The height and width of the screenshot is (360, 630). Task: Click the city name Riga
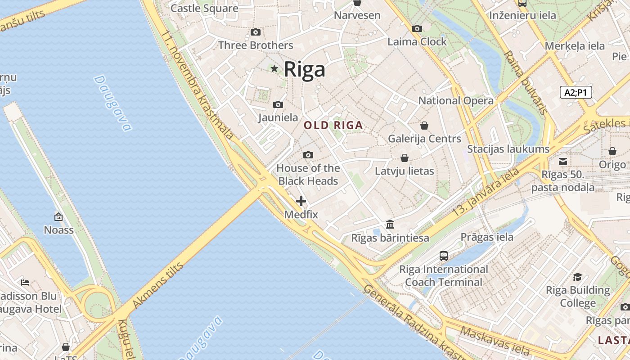[304, 69]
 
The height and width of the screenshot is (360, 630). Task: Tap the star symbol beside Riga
[274, 69]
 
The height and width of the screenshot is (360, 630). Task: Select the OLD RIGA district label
[333, 126]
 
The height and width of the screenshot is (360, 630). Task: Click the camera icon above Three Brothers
[255, 32]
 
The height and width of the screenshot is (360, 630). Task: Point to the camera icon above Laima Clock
[417, 29]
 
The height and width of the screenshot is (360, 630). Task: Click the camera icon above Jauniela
[278, 105]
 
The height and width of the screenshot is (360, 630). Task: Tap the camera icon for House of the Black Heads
[308, 155]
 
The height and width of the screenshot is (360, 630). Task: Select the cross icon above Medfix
[301, 201]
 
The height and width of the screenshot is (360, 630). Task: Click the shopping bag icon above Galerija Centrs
[424, 126]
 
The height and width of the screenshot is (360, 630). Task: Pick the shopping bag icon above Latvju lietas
[405, 158]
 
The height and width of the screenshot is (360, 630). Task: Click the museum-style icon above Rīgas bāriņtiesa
[390, 224]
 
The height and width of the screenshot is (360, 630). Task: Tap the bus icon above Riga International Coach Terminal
[444, 256]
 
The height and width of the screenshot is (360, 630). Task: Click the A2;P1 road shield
[576, 92]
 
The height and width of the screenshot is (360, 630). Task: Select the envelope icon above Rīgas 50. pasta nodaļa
[563, 161]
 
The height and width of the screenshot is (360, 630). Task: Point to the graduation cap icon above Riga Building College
[578, 277]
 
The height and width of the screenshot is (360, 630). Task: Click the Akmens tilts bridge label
[158, 286]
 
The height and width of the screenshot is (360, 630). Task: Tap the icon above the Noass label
[58, 217]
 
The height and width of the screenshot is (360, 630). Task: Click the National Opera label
[456, 101]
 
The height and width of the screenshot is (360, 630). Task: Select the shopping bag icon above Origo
[612, 152]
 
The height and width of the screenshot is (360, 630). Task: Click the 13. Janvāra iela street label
[486, 192]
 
